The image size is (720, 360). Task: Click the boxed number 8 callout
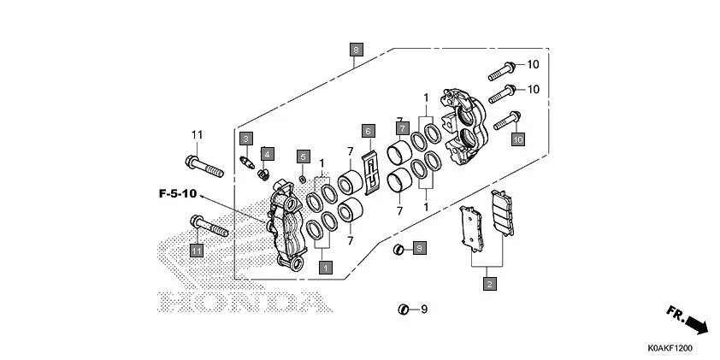(x=356, y=50)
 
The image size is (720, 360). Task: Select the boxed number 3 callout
(x=245, y=139)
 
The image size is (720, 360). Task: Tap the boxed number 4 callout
(x=268, y=154)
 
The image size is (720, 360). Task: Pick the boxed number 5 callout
(x=303, y=156)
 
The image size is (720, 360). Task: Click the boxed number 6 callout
(x=368, y=131)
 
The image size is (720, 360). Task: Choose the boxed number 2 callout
(x=489, y=284)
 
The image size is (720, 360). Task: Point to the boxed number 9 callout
(x=419, y=248)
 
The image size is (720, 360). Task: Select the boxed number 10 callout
(x=518, y=138)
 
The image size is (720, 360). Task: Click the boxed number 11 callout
(x=197, y=250)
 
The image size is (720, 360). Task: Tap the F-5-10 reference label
(x=178, y=195)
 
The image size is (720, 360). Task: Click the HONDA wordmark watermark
(x=243, y=302)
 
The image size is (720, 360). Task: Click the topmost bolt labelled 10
(x=503, y=67)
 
